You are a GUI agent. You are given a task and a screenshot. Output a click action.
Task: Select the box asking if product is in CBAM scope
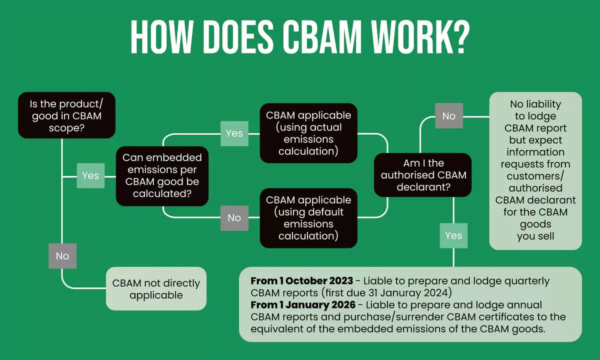coord(66,115)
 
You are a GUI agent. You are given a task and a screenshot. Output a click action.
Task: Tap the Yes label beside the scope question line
coord(90,175)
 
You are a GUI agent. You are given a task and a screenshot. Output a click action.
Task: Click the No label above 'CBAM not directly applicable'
coord(62,255)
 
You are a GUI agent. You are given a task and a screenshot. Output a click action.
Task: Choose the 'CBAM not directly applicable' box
coord(156,289)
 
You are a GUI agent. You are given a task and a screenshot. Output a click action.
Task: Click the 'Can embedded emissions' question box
coord(162,175)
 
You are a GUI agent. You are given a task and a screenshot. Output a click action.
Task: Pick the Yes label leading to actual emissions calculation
coord(234,133)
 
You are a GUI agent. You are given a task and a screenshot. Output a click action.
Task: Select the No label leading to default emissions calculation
coord(234,217)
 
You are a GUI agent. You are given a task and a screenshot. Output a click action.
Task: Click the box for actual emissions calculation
coord(308,133)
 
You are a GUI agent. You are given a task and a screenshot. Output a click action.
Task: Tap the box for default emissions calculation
coord(308,218)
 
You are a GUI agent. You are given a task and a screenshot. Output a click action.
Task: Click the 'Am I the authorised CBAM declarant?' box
coord(423,175)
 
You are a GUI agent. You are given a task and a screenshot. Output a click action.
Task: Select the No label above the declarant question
coord(448,116)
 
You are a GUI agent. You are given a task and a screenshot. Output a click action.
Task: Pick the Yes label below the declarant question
coord(453,235)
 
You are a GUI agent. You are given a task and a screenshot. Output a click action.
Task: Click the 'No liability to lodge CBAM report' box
coord(535,170)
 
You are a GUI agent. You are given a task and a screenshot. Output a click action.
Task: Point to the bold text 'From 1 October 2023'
coord(302,281)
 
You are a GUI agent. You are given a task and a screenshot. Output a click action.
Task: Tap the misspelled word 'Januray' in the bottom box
coord(409,293)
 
